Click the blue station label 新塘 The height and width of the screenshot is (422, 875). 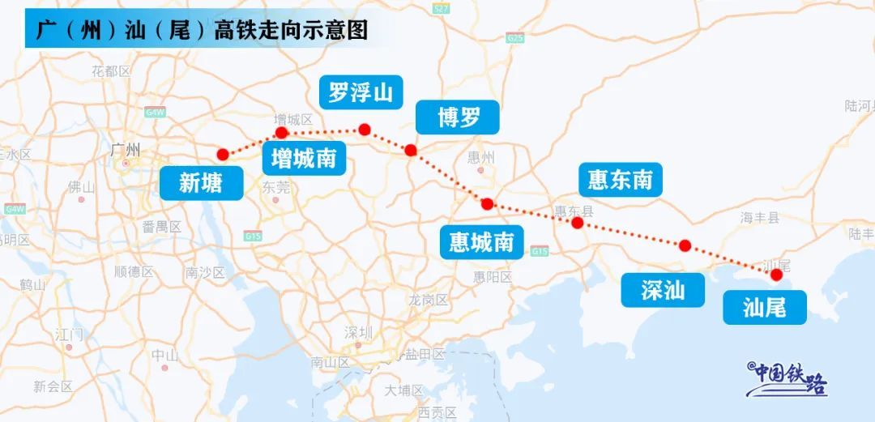click(x=200, y=183)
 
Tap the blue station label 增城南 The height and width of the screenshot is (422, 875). click(x=304, y=158)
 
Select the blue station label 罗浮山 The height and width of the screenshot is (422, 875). click(x=361, y=93)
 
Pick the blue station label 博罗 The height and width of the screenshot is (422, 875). click(x=459, y=118)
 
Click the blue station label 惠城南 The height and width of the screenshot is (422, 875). click(x=481, y=241)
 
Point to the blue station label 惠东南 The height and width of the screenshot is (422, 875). click(x=620, y=179)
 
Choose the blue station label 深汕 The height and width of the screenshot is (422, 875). click(x=663, y=290)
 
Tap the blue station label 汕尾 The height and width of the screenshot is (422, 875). click(x=764, y=307)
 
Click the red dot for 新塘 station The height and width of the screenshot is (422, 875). click(x=223, y=154)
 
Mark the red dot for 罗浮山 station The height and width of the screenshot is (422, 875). click(x=365, y=129)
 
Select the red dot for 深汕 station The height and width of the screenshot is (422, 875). click(x=685, y=245)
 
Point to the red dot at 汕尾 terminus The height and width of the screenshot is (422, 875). click(x=776, y=275)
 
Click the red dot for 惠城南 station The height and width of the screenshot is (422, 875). click(x=487, y=204)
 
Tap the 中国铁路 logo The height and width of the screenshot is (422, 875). click(x=786, y=378)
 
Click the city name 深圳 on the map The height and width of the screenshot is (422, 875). click(x=358, y=333)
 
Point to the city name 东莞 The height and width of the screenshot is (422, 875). click(x=276, y=187)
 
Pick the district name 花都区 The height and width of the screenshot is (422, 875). click(x=111, y=71)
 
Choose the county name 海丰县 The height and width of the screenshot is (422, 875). click(x=759, y=217)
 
